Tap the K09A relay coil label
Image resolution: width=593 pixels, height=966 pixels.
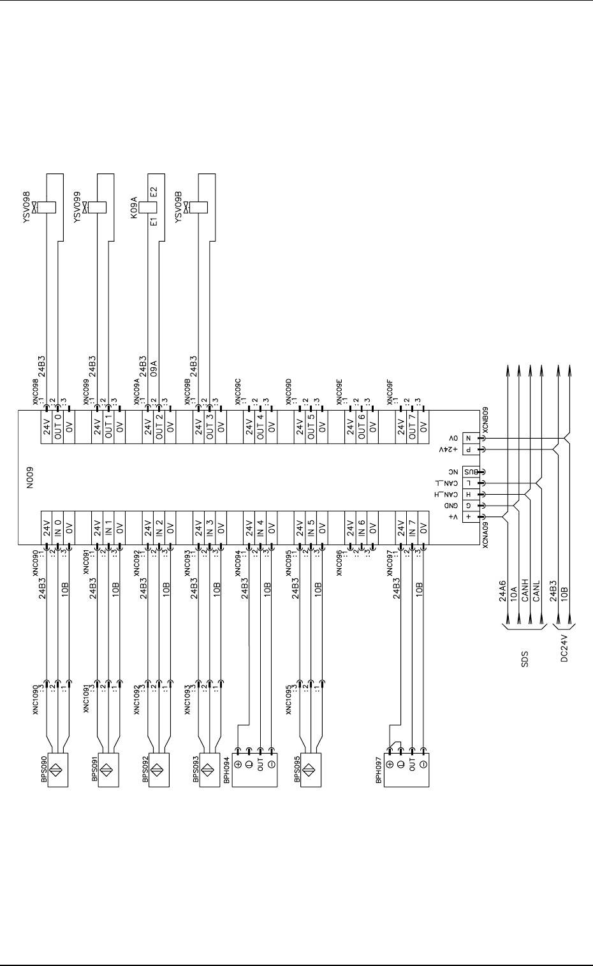tap(134, 208)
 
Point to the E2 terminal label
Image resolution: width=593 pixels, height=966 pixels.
tap(153, 193)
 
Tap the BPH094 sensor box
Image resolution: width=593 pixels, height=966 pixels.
tap(254, 767)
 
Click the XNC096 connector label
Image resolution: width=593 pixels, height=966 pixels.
tap(339, 563)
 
